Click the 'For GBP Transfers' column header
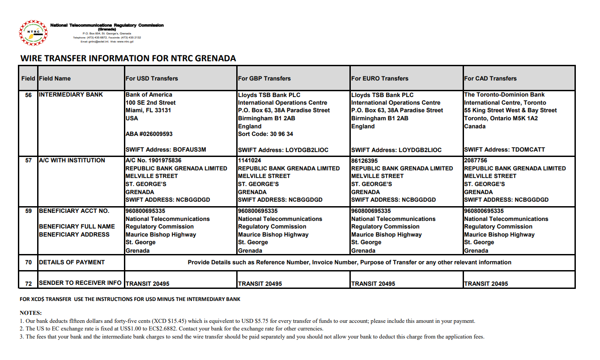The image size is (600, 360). click(264, 78)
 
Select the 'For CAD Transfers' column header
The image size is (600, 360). click(490, 78)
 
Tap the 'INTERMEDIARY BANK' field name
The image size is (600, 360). click(71, 95)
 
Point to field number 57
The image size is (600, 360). click(28, 161)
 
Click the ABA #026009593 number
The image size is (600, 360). click(149, 134)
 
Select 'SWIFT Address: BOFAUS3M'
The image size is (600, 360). click(166, 150)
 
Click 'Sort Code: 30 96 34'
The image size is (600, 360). click(266, 134)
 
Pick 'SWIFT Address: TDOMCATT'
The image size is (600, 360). click(504, 150)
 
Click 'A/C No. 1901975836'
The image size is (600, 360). click(153, 161)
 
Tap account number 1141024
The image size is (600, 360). click(250, 161)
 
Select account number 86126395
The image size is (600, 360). click(365, 161)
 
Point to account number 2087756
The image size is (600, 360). click(476, 161)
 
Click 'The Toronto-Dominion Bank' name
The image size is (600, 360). click(504, 95)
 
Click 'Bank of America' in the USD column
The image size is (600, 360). click(149, 95)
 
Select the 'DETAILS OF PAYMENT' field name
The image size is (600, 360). click(72, 263)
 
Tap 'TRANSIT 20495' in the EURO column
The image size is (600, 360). click(373, 284)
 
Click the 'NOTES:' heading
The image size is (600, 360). click(30, 313)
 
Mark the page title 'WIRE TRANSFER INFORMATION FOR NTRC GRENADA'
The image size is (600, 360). click(128, 58)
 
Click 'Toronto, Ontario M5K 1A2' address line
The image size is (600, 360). click(501, 119)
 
